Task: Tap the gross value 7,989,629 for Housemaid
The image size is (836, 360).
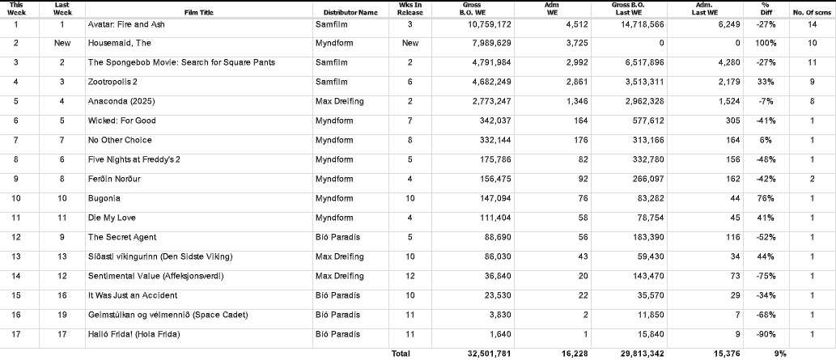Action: point(487,44)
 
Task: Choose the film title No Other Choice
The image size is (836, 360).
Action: point(120,140)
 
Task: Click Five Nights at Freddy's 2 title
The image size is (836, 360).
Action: point(134,159)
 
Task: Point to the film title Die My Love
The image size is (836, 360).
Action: point(111,218)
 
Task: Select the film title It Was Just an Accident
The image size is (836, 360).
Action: point(133,295)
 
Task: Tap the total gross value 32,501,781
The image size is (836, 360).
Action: point(487,354)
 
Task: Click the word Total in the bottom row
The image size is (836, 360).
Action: point(401,354)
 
